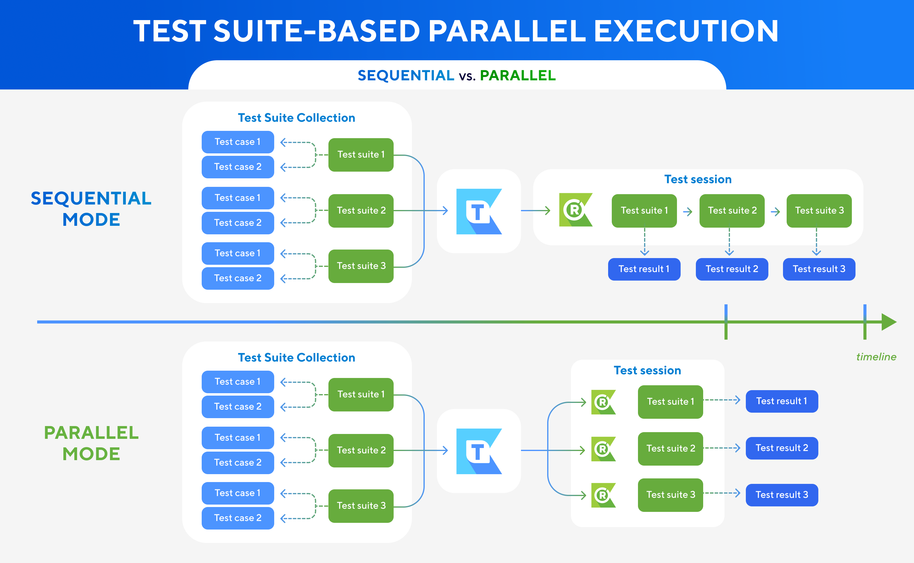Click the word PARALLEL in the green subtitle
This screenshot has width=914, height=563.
tap(517, 75)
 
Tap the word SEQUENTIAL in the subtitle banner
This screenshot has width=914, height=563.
tap(406, 75)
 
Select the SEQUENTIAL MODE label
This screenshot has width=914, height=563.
tap(91, 208)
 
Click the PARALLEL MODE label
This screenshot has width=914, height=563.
tap(91, 443)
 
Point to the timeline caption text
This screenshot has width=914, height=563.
tap(876, 357)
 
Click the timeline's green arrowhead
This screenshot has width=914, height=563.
tap(889, 322)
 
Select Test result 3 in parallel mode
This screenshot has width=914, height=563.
tap(782, 495)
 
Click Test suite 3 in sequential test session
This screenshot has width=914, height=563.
tap(819, 210)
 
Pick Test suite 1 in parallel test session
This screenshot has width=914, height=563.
tap(670, 401)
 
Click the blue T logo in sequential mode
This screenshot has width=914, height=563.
tap(479, 212)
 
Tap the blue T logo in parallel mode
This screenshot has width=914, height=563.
tap(479, 451)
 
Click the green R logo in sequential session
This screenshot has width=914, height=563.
tap(575, 210)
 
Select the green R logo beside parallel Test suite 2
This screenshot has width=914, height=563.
tap(603, 449)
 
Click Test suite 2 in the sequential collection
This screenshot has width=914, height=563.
tap(361, 210)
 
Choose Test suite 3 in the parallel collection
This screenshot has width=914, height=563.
tap(361, 506)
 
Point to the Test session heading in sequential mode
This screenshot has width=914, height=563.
tap(698, 180)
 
